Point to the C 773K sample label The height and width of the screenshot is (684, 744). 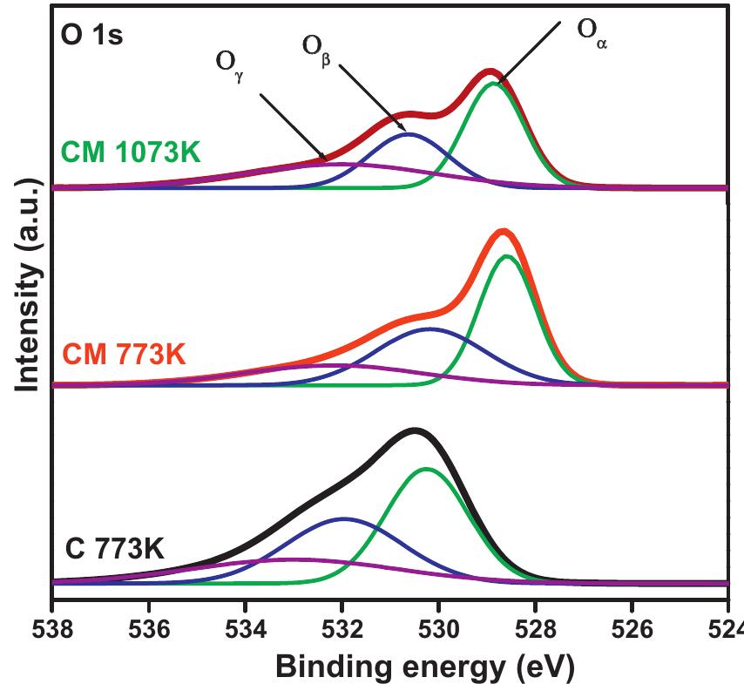pyautogui.click(x=115, y=550)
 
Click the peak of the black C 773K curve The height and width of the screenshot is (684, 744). pyautogui.click(x=416, y=430)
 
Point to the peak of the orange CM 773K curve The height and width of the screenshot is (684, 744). pyautogui.click(x=503, y=231)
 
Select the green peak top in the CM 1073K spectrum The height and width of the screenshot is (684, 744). pyautogui.click(x=495, y=84)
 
